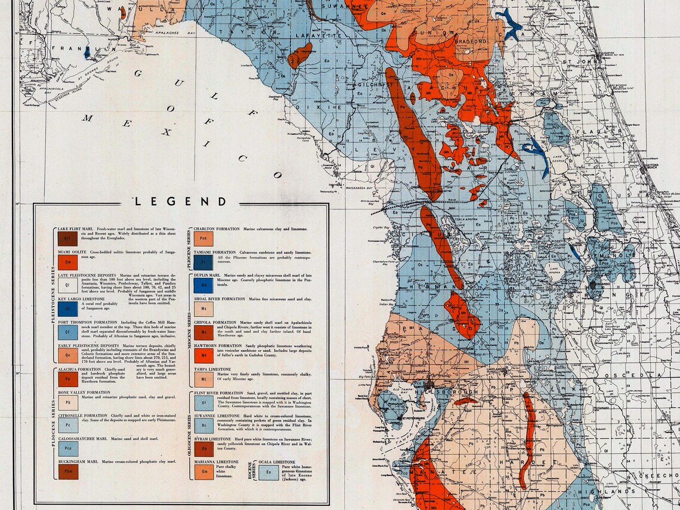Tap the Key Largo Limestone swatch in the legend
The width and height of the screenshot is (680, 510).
(68, 308)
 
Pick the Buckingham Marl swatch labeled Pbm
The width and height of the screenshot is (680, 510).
(68, 471)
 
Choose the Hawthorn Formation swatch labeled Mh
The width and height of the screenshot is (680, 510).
(203, 356)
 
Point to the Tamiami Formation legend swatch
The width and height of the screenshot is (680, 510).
(203, 262)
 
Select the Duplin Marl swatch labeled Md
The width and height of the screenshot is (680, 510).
(203, 285)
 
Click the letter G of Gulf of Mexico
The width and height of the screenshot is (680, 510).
(138, 73)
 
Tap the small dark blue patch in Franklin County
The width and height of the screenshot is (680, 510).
(87, 52)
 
